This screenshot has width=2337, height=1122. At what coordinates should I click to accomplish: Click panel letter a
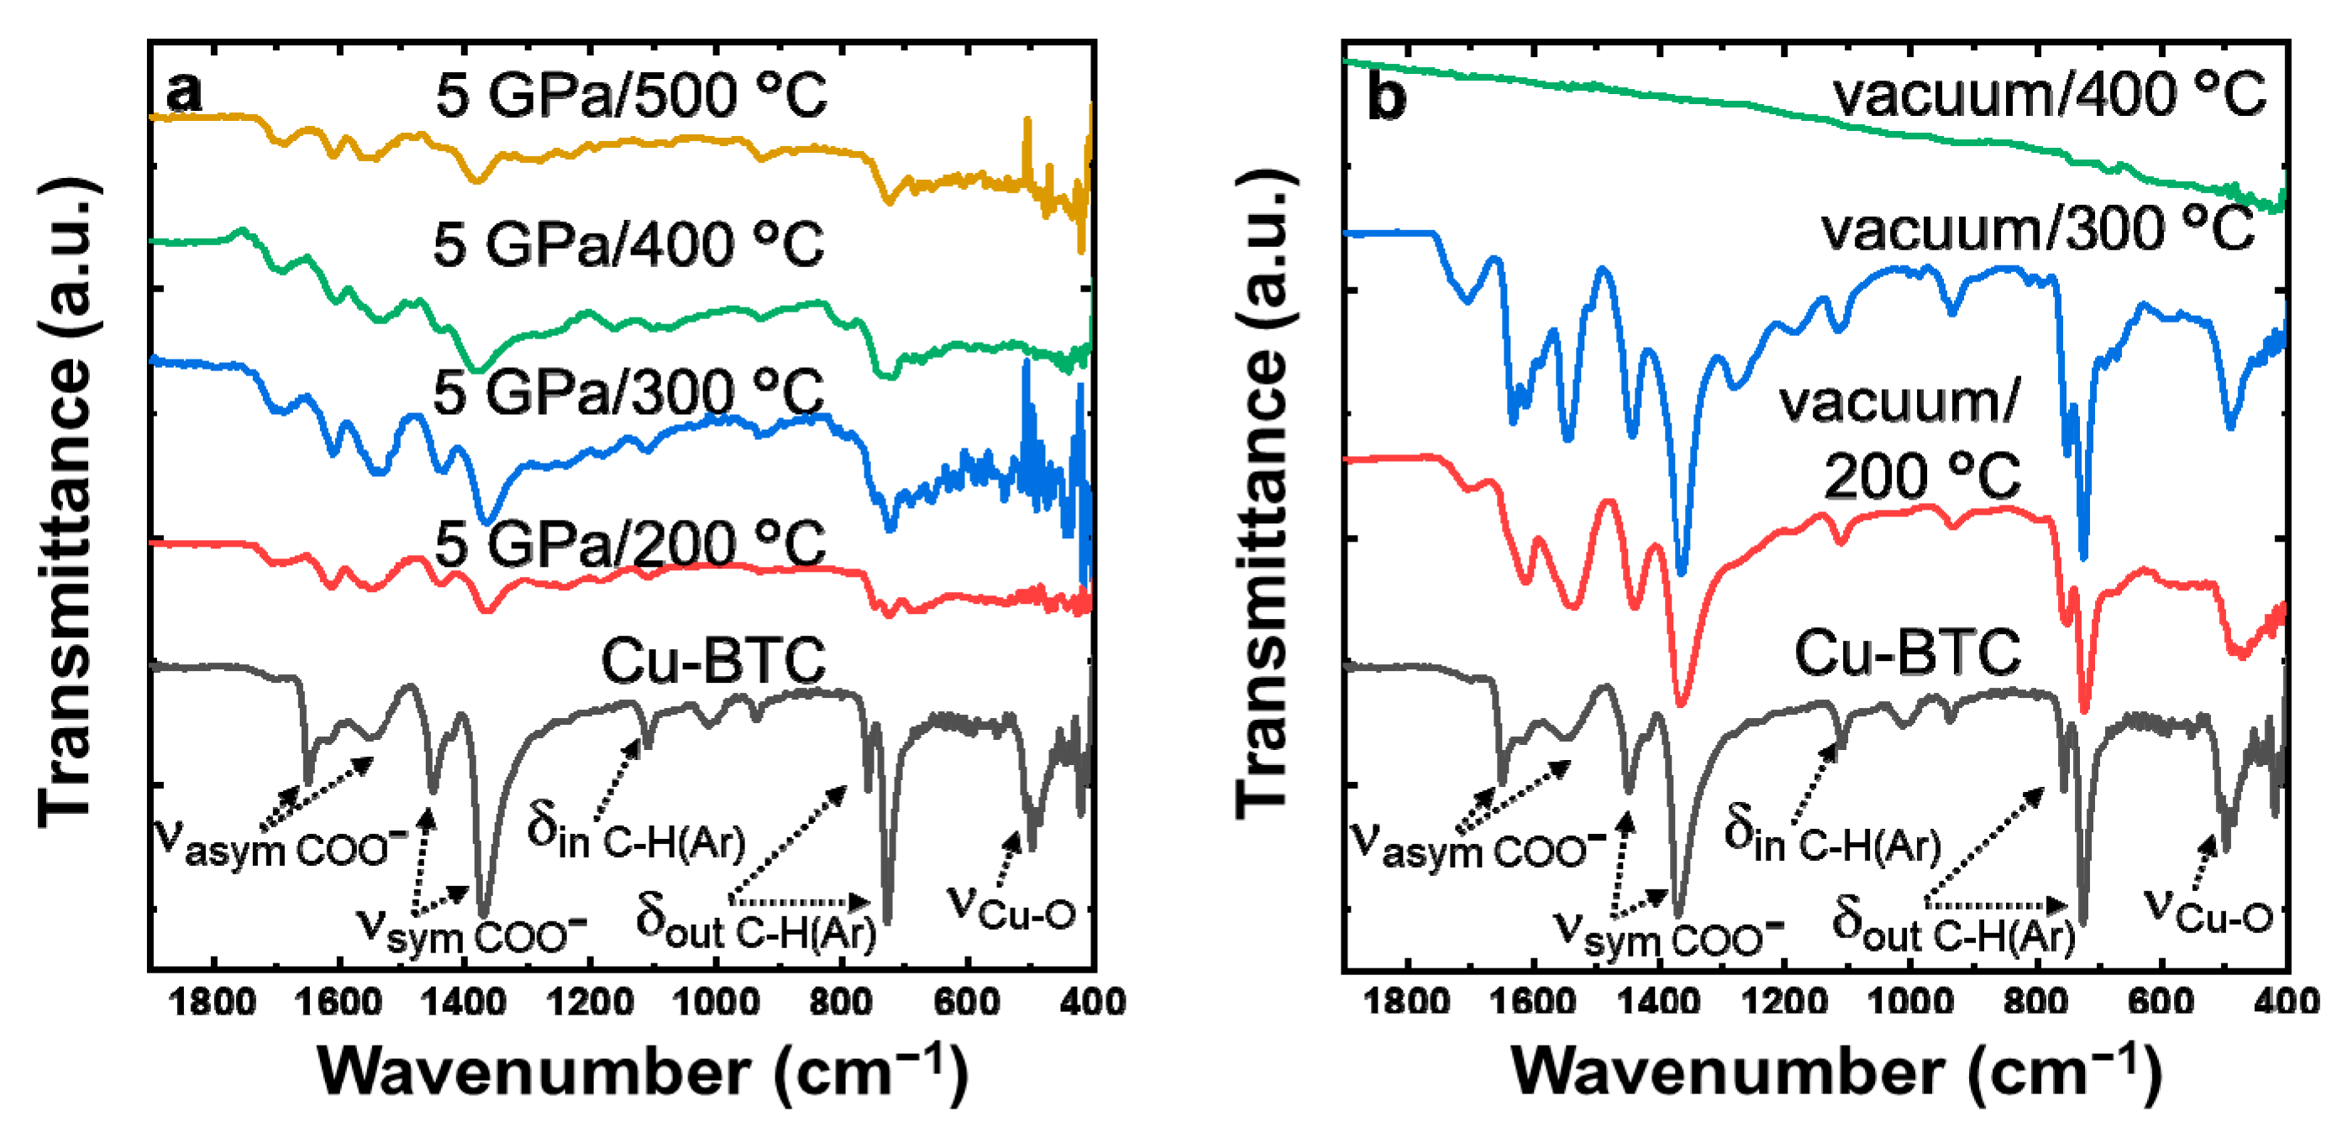point(184,92)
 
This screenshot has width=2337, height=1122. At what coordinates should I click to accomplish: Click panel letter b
point(1386,96)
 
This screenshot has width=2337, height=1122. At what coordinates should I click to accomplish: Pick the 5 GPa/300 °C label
point(628,392)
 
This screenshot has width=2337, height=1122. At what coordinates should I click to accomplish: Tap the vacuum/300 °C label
point(2038,228)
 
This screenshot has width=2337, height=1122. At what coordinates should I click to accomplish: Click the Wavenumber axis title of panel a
point(643,1072)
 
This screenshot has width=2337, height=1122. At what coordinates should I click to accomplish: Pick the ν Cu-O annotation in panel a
point(1011,907)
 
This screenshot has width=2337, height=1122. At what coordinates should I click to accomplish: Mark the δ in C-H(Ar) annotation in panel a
point(635,835)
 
